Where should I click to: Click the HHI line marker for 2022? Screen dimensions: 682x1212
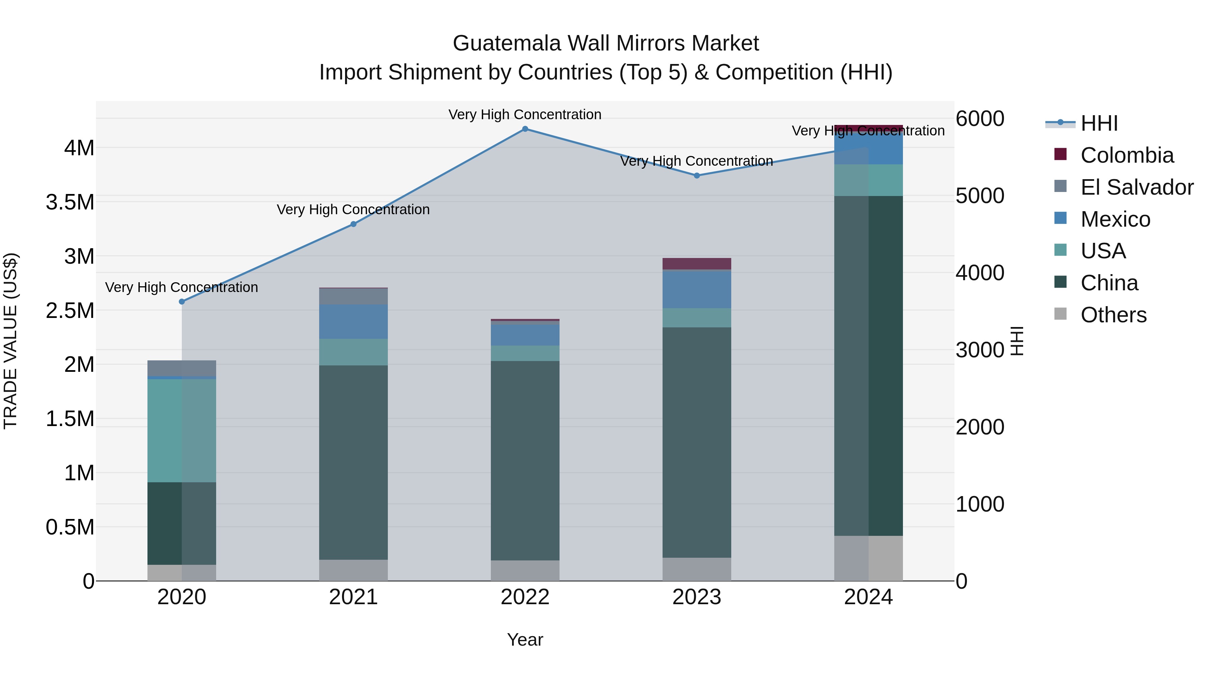coord(525,129)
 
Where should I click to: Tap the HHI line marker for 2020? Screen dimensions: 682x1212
coord(182,302)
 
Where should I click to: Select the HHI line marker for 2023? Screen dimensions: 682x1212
coord(697,175)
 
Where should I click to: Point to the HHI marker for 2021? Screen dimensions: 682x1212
coord(353,224)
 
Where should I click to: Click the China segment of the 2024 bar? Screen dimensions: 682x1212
coord(869,366)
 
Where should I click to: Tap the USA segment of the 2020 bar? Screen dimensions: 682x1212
coord(182,431)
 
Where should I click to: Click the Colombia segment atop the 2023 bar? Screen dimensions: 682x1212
coord(697,264)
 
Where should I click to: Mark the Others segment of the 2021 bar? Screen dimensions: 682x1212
coord(353,570)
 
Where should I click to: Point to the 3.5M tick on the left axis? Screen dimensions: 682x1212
coord(70,202)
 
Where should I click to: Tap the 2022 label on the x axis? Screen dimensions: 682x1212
coord(525,597)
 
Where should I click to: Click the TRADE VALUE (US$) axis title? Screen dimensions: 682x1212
coord(11,341)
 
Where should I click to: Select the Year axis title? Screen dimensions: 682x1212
coord(525,640)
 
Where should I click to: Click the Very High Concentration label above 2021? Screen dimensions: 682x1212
coord(353,209)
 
